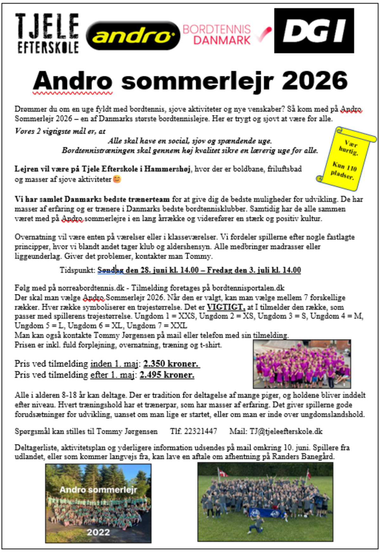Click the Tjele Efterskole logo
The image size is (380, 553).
[47, 33]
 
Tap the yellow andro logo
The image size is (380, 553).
[133, 36]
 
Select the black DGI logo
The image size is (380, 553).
[314, 31]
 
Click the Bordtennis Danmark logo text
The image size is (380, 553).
[217, 35]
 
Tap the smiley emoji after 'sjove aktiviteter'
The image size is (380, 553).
[117, 179]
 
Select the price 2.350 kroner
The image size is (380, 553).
[171, 364]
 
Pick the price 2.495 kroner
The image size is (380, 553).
[167, 375]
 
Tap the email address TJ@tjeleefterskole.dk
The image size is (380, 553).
[286, 431]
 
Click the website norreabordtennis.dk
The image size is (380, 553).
[91, 288]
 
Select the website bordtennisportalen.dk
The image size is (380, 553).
[248, 288]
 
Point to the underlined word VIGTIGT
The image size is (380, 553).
[226, 307]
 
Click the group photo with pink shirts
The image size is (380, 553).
[301, 364]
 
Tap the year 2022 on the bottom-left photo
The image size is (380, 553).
[98, 532]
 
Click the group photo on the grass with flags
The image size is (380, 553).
[265, 502]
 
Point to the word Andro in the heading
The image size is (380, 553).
[73, 81]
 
